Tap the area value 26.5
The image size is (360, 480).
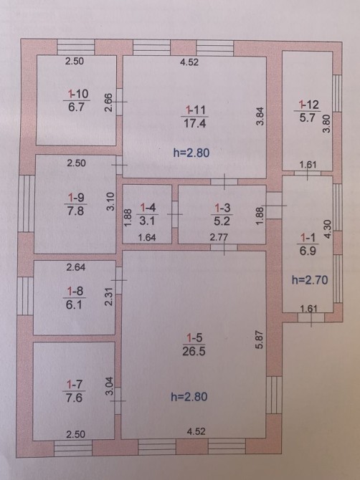coord(194,351)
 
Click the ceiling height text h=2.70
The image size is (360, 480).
coord(310,280)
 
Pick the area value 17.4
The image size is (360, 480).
coord(194,123)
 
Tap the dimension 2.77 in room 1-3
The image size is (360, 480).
coord(219,237)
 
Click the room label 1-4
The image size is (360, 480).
coord(148,208)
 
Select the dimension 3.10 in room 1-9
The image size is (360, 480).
coord(110,201)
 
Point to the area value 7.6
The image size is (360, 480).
coord(74,398)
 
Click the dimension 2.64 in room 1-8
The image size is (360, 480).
coord(76,267)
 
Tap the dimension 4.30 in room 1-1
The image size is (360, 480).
coord(328,229)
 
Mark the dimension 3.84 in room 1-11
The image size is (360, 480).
coord(260,116)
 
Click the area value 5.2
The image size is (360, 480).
coord(222,221)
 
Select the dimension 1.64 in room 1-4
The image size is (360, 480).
coord(147,238)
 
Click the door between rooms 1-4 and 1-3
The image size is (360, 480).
coord(175,214)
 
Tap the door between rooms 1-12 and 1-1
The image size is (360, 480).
coord(308,173)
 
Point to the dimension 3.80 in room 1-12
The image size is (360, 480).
coord(327,123)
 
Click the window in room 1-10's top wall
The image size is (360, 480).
coord(76,47)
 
